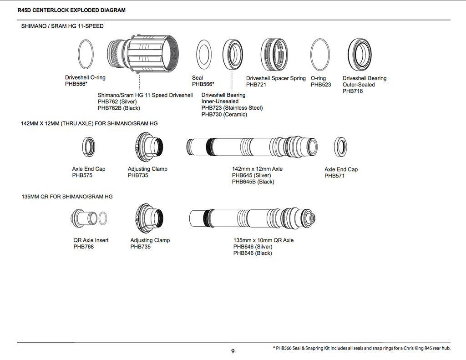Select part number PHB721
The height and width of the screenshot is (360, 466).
click(x=256, y=85)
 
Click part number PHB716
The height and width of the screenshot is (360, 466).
click(x=353, y=91)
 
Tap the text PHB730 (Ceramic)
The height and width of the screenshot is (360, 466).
click(x=224, y=114)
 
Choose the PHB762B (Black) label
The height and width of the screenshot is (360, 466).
click(x=119, y=108)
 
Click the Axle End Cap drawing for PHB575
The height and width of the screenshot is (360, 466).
click(x=89, y=146)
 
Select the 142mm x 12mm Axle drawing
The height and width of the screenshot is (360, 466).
click(x=252, y=147)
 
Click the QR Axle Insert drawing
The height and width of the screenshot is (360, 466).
click(x=89, y=217)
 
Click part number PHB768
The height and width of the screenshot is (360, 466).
click(x=84, y=247)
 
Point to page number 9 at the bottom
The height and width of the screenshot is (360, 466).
click(x=233, y=351)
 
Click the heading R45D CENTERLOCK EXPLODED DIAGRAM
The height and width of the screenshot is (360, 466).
click(x=71, y=10)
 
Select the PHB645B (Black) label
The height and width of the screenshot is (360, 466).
click(x=253, y=182)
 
